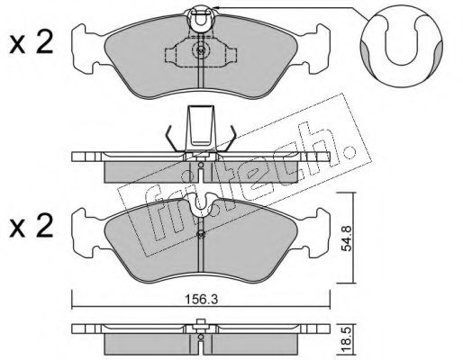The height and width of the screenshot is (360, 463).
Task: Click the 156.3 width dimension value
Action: (201, 300)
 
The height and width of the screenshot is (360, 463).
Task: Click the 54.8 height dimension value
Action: (348, 238)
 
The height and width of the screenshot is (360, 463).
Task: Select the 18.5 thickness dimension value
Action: (348, 340)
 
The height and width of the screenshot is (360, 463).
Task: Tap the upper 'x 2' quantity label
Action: (32, 42)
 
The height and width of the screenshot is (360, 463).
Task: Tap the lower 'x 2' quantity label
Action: (32, 226)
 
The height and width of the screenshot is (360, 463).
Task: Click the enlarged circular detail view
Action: (402, 45)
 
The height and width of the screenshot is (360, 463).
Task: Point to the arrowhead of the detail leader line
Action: (214, 7)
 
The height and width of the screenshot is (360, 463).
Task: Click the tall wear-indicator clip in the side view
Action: (201, 128)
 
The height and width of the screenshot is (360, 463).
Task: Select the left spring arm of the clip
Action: (174, 139)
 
